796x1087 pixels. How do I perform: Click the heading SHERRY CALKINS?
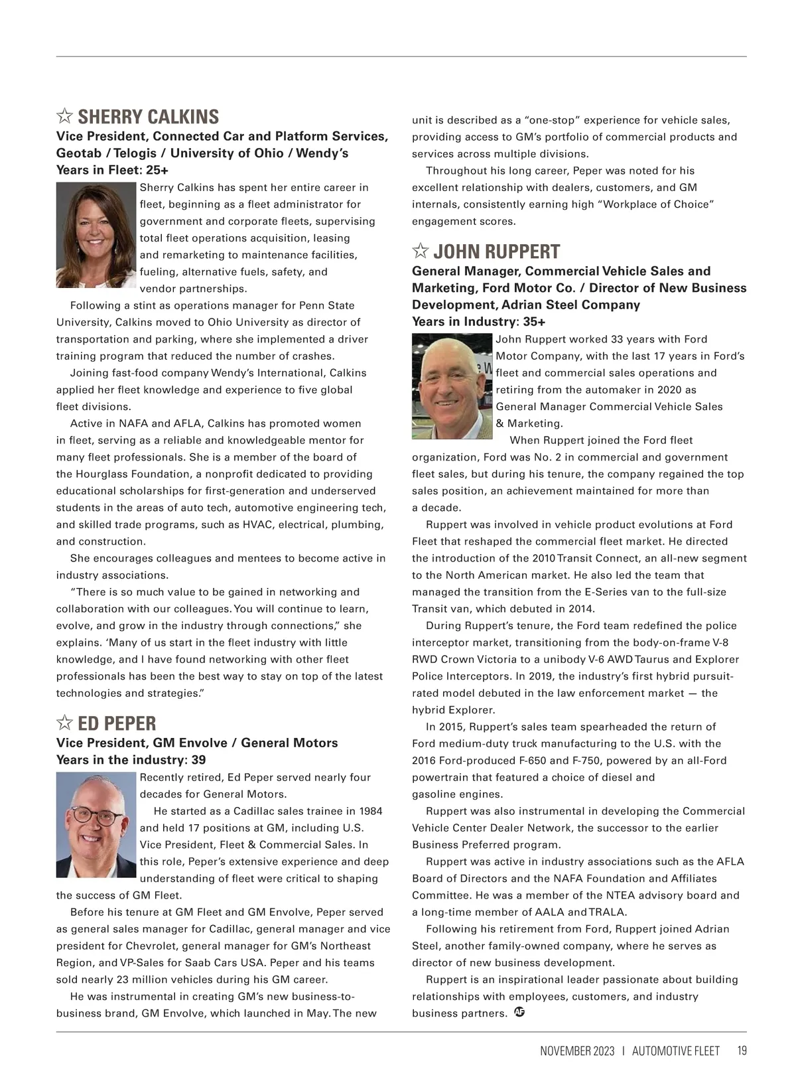click(148, 117)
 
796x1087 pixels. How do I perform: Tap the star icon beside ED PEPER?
click(64, 723)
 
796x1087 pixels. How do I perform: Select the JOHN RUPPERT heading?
click(496, 252)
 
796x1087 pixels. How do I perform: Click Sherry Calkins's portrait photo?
click(96, 235)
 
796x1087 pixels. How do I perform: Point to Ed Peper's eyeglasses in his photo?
click(96, 816)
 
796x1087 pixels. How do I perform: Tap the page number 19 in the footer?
click(742, 1051)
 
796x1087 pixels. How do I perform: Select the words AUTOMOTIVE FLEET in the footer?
click(675, 1051)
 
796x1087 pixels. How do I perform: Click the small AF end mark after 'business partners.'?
click(519, 1012)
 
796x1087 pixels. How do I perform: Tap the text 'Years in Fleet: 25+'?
click(112, 170)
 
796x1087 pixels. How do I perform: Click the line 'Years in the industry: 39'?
click(131, 760)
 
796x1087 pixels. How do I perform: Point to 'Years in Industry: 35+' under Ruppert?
click(478, 322)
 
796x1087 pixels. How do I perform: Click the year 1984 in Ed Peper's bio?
click(370, 811)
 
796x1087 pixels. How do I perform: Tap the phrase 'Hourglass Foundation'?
click(127, 474)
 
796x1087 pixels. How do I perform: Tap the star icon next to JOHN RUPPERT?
click(420, 251)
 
